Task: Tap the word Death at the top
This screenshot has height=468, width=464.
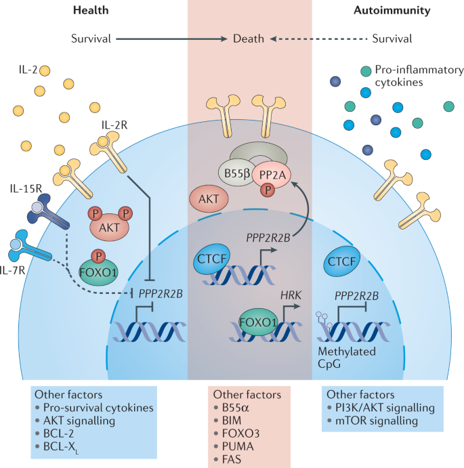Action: click(x=249, y=39)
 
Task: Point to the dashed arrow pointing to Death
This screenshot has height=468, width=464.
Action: click(x=318, y=39)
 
